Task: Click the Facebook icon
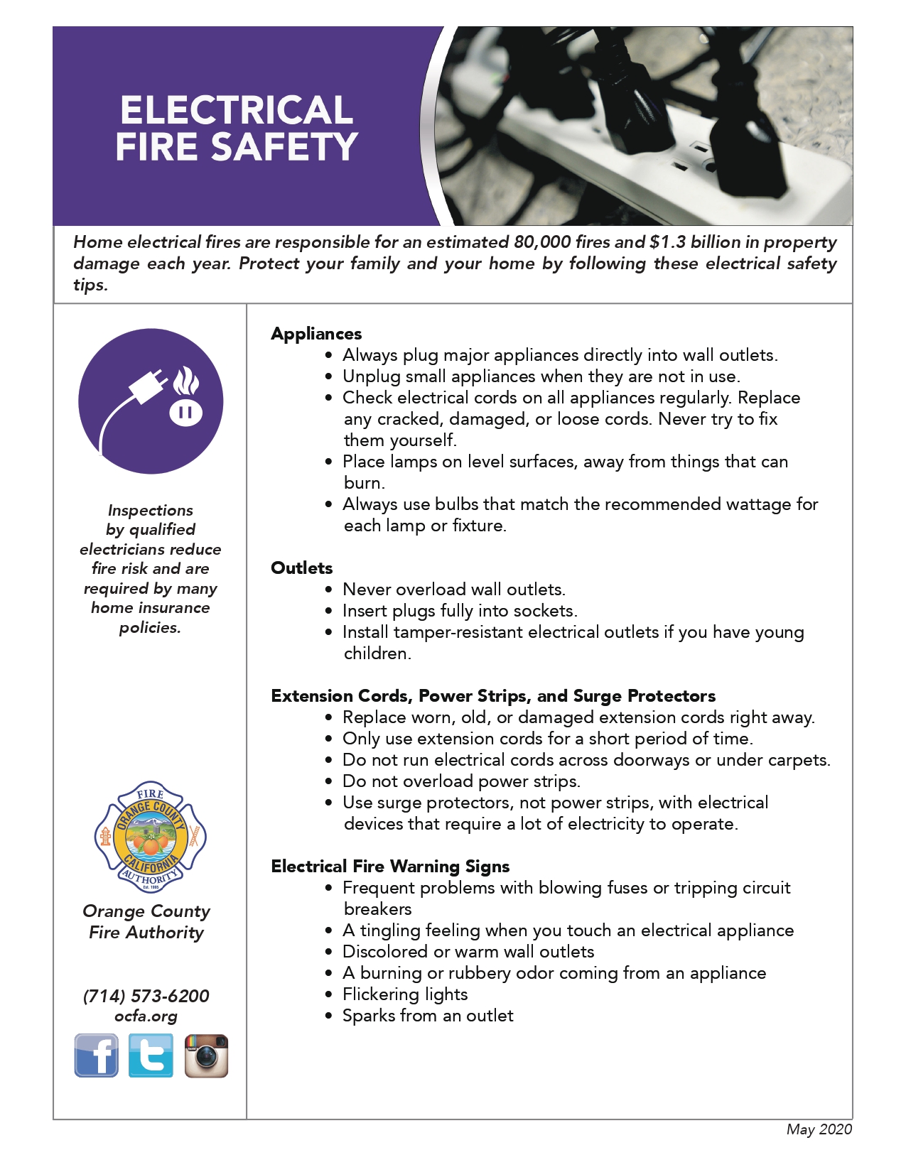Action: pyautogui.click(x=97, y=1056)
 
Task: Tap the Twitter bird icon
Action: pyautogui.click(x=151, y=1056)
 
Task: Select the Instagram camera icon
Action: pyautogui.click(x=206, y=1056)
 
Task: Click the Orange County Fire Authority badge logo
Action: pyautogui.click(x=150, y=837)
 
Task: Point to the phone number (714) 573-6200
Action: pyautogui.click(x=146, y=996)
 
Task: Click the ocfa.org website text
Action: pyautogui.click(x=146, y=1016)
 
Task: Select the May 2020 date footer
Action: pyautogui.click(x=819, y=1129)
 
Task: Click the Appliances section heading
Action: pyautogui.click(x=316, y=334)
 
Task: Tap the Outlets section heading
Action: pyautogui.click(x=302, y=568)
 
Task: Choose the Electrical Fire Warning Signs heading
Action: pyautogui.click(x=390, y=867)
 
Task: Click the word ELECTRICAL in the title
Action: pyautogui.click(x=237, y=110)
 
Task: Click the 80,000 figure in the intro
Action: pyautogui.click(x=542, y=242)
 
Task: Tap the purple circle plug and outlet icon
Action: pyautogui.click(x=151, y=401)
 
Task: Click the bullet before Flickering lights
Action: pyautogui.click(x=328, y=994)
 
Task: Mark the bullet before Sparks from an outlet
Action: pyautogui.click(x=328, y=1016)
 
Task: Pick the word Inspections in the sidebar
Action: pyautogui.click(x=151, y=510)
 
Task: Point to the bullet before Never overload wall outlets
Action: pyautogui.click(x=328, y=590)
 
